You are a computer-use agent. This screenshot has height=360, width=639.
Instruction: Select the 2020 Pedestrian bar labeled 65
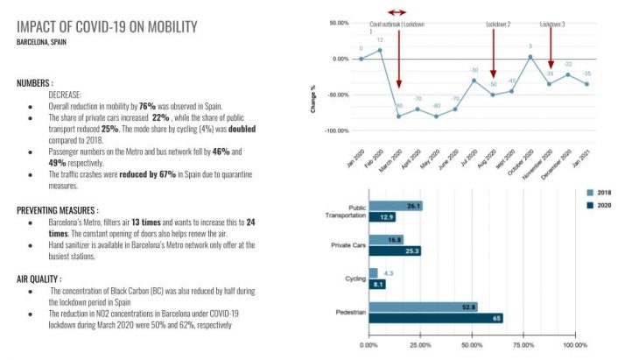pos(436,318)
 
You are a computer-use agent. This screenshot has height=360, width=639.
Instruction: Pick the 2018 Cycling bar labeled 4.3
pos(373,273)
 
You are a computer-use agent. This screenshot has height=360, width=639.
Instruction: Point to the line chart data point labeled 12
pos(380,50)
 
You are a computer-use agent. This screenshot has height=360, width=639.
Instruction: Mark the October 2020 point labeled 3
pos(530,56)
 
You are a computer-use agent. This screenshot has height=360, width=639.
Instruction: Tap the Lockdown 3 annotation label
pos(551,25)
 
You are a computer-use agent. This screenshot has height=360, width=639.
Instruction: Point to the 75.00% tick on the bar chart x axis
pos(523,345)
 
